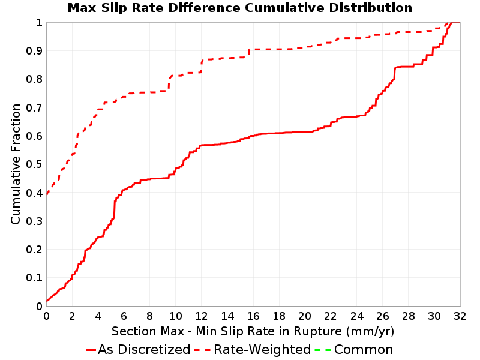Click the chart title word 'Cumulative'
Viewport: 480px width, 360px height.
[x=284, y=8]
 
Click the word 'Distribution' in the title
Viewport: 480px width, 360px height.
[x=371, y=8]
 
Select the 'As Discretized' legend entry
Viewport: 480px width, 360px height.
[x=138, y=349]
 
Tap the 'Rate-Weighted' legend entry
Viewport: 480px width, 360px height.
[x=253, y=349]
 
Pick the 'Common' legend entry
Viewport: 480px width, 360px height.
[x=354, y=349]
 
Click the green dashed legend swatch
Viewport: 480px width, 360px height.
[x=323, y=350]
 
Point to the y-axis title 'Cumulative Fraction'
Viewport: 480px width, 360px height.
[x=16, y=164]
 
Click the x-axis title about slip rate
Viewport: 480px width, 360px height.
[x=253, y=331]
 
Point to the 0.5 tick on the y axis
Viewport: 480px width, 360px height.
[x=34, y=164]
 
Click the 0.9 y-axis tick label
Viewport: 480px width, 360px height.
[x=34, y=51]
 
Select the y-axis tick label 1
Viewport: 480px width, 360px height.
[x=39, y=23]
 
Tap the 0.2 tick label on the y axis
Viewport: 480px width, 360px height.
[x=34, y=250]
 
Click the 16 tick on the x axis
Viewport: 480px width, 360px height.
[x=253, y=316]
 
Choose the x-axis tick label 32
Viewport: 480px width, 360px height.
[x=460, y=316]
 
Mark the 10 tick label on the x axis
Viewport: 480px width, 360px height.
[x=175, y=316]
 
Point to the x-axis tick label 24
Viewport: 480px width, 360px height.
[x=356, y=316]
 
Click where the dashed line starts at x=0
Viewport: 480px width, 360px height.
[x=47, y=194]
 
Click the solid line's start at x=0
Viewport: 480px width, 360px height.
[x=47, y=301]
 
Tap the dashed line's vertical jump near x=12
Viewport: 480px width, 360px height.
[x=202, y=66]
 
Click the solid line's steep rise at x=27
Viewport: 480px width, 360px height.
[x=395, y=73]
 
